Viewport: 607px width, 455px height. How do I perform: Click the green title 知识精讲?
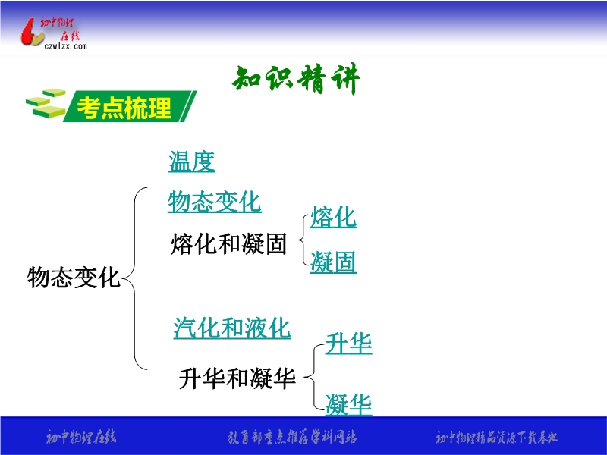[x=296, y=79]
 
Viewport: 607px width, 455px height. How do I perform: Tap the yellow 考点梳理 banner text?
[x=124, y=108]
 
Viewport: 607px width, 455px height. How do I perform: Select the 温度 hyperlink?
[x=192, y=162]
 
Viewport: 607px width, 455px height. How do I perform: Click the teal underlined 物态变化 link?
[x=215, y=202]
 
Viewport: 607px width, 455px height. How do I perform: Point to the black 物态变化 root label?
[x=74, y=277]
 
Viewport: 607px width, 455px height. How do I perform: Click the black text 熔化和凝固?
[x=228, y=243]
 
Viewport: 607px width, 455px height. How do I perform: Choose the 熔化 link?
[x=333, y=217]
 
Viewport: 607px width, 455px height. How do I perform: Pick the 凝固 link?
[x=333, y=262]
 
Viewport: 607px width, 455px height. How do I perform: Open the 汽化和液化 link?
[x=232, y=328]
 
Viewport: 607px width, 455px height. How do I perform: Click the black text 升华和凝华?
[x=237, y=378]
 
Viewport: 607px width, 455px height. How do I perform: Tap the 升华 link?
[x=348, y=344]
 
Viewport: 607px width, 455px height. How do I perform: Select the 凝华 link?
[x=348, y=405]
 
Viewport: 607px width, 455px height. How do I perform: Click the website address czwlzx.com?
[x=65, y=46]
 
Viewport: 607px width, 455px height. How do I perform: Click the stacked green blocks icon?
[x=46, y=104]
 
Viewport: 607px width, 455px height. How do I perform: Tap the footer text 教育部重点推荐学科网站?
[x=292, y=438]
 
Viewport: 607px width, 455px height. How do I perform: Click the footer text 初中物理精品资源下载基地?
[x=497, y=438]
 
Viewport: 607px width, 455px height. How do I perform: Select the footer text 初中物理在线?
[x=81, y=438]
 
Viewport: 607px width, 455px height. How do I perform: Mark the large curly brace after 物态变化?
[x=134, y=278]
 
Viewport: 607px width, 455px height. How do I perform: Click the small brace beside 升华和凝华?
[x=313, y=376]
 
